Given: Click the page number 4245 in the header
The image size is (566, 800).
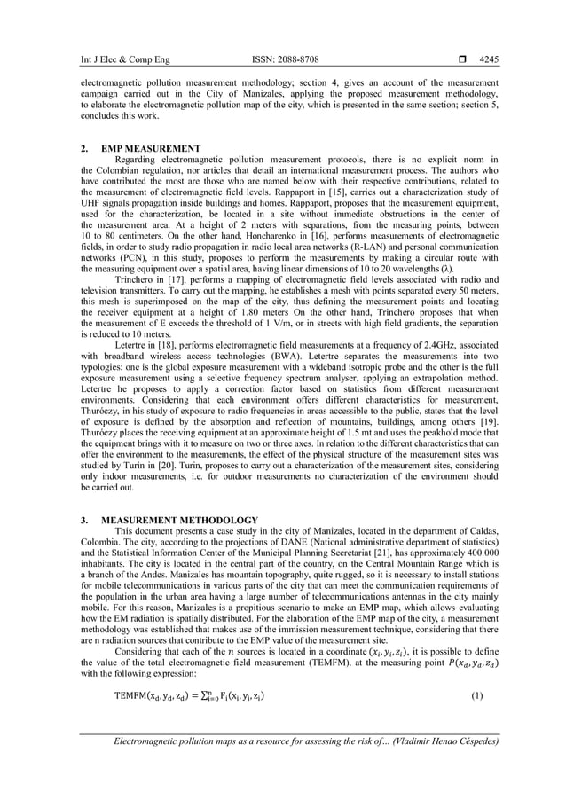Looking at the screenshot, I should pos(488,59).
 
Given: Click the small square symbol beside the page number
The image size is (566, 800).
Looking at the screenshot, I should pos(461,59).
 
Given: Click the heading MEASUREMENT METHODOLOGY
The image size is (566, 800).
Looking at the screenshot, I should pos(179,520).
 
